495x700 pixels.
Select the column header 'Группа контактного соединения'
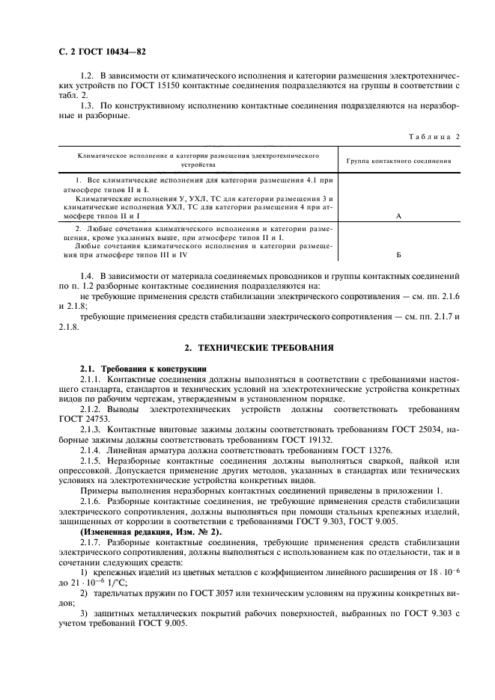pyautogui.click(x=398, y=160)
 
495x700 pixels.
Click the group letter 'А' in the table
pyautogui.click(x=398, y=215)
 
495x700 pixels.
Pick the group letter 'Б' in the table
pyautogui.click(x=398, y=254)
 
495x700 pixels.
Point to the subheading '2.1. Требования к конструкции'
pyautogui.click(x=138, y=369)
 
